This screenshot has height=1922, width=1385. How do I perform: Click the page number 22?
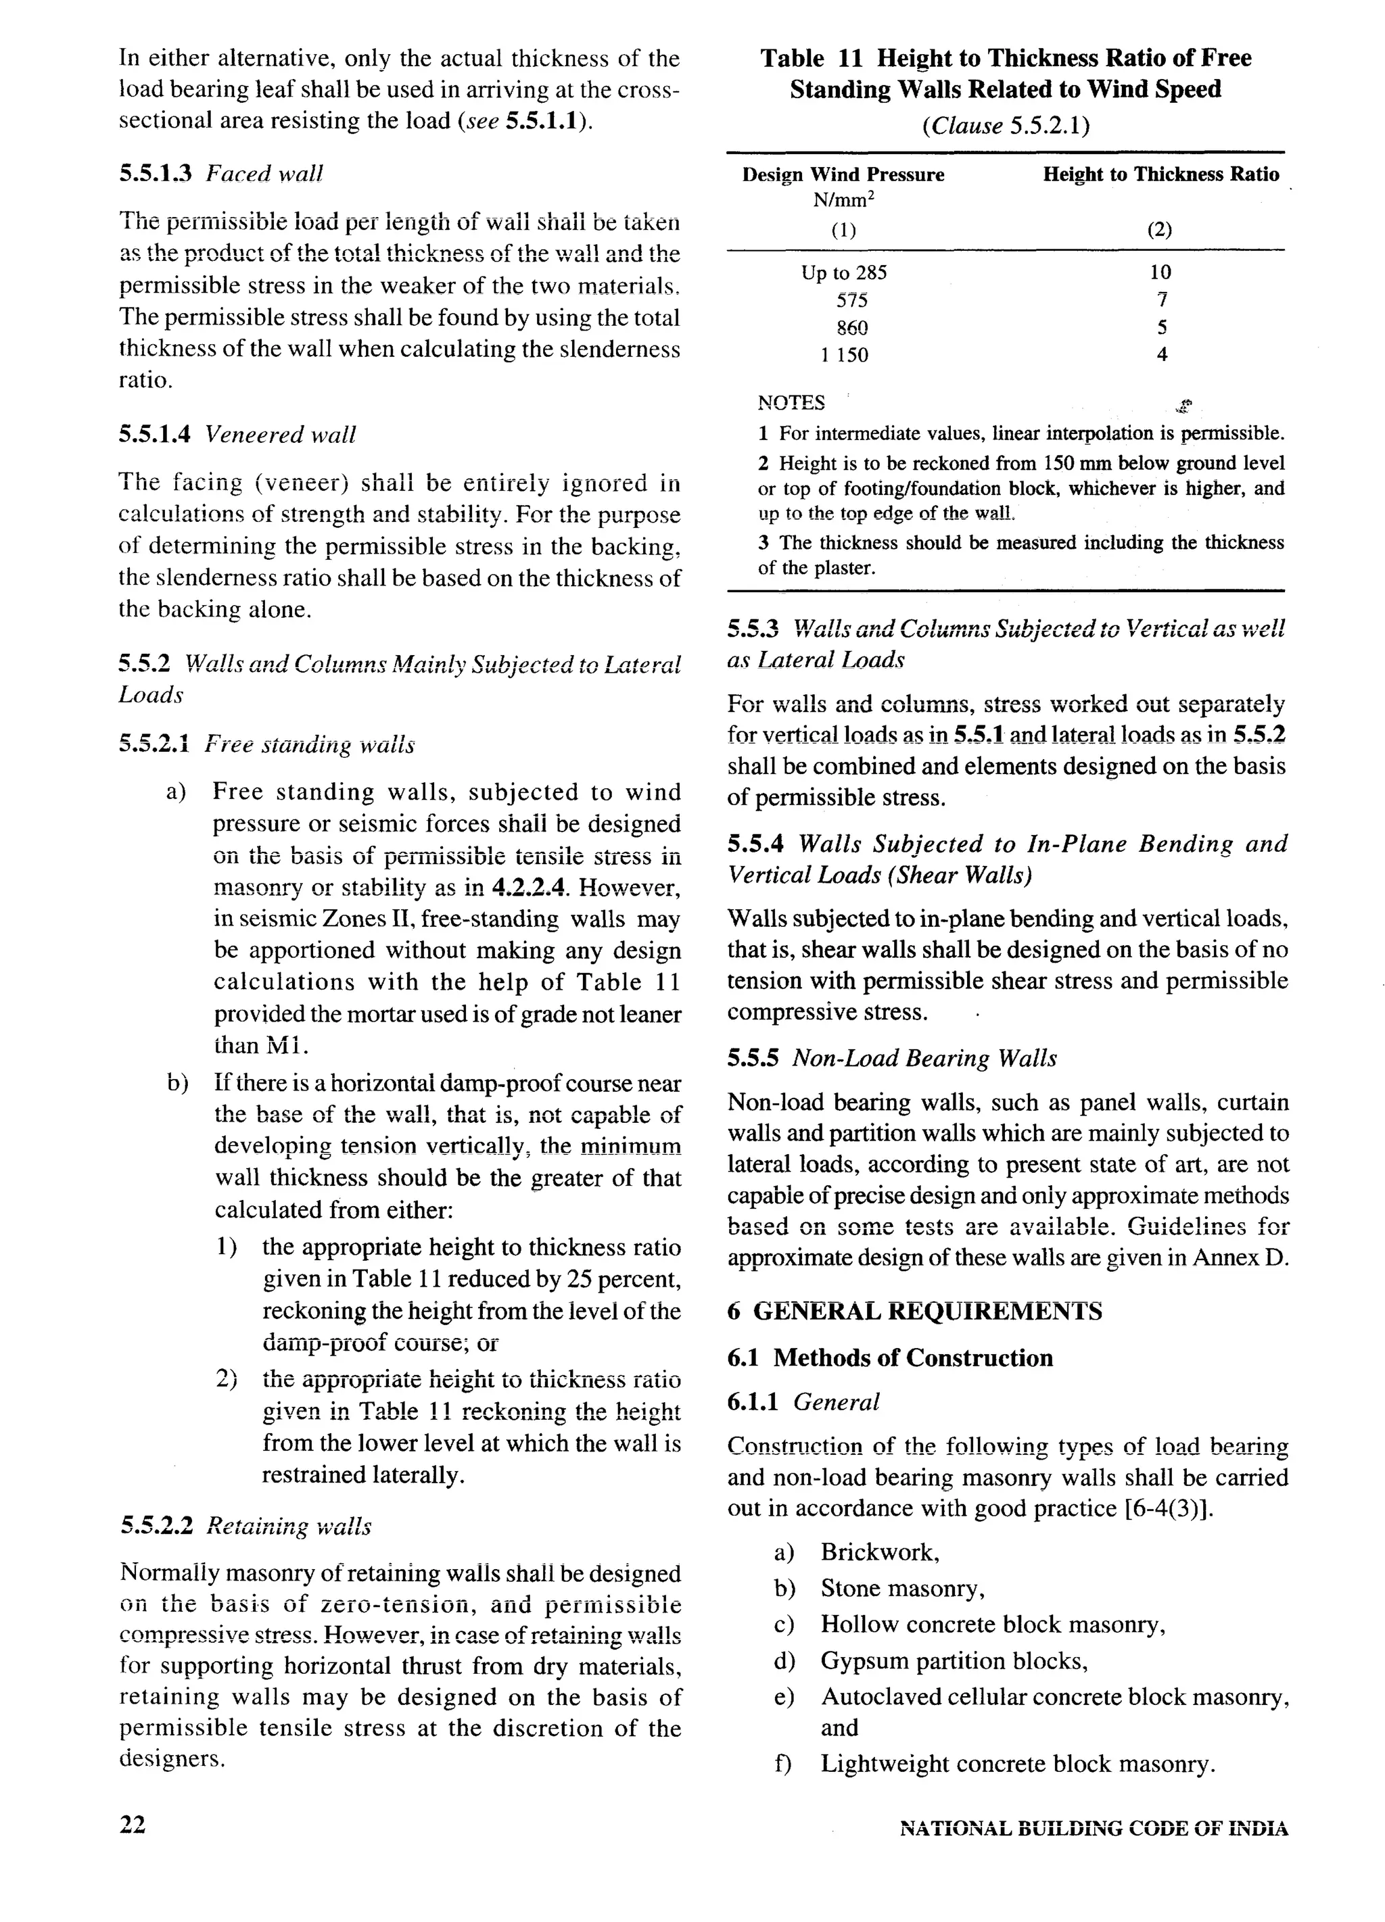(x=133, y=1824)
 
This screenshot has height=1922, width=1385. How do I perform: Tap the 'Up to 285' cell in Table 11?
(x=843, y=273)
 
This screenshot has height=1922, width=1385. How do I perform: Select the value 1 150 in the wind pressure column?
(x=843, y=355)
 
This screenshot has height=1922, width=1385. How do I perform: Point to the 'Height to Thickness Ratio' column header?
(x=1160, y=174)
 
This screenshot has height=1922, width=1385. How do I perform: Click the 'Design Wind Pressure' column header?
(x=843, y=174)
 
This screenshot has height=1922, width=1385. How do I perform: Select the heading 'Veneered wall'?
(x=281, y=435)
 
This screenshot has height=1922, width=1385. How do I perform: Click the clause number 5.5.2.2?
(x=157, y=1527)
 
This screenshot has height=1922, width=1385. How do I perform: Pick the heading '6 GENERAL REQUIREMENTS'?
(x=914, y=1311)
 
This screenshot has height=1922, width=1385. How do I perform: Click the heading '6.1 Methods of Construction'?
(x=890, y=1358)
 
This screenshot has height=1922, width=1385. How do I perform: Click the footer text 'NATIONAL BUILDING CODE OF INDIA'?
(x=1094, y=1829)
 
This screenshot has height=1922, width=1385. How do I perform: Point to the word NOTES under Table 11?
(x=791, y=402)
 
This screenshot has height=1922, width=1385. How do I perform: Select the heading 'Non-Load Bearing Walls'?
(x=924, y=1059)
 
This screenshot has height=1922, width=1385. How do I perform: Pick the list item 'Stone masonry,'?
(x=902, y=1588)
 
